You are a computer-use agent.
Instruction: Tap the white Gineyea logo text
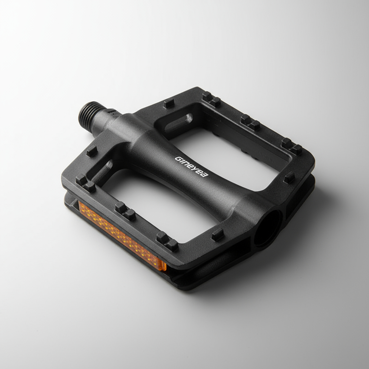pos(192,166)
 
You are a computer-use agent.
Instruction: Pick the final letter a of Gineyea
pos(205,174)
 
